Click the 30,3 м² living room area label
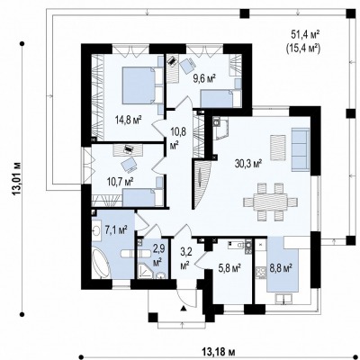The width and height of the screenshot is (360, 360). click(x=248, y=164)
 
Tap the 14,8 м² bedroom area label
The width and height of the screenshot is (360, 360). click(x=129, y=120)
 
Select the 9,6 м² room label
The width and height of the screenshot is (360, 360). click(x=204, y=79)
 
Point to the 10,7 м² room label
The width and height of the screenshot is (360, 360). click(x=120, y=182)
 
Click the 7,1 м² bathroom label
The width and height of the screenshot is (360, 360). click(x=116, y=230)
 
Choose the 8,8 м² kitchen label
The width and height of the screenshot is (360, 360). click(x=282, y=267)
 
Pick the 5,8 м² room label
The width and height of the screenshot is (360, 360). click(x=230, y=267)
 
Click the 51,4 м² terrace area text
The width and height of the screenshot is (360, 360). click(x=305, y=35)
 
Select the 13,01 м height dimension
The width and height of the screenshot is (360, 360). click(x=17, y=179)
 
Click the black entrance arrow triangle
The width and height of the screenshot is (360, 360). click(x=184, y=308)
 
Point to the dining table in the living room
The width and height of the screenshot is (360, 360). click(x=271, y=202)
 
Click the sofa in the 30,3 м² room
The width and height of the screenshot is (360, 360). click(x=301, y=149)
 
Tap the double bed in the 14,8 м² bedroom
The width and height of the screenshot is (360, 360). click(x=143, y=85)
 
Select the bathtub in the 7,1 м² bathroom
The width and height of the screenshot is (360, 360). click(x=101, y=263)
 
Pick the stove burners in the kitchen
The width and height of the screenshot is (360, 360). click(x=260, y=273)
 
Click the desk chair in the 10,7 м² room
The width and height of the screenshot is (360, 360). click(x=129, y=165)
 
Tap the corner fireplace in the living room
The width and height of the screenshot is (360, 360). click(x=220, y=129)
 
